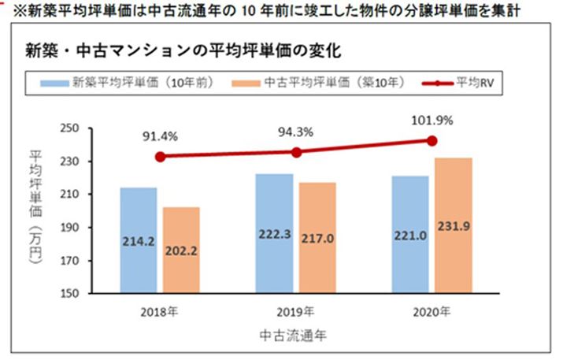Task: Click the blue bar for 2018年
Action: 138,240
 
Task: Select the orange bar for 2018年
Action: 180,250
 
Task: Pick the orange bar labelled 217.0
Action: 317,238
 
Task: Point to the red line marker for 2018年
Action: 160,157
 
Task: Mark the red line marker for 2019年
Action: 295,152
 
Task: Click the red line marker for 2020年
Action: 432,140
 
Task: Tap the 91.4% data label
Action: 160,136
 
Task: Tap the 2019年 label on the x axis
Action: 295,310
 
